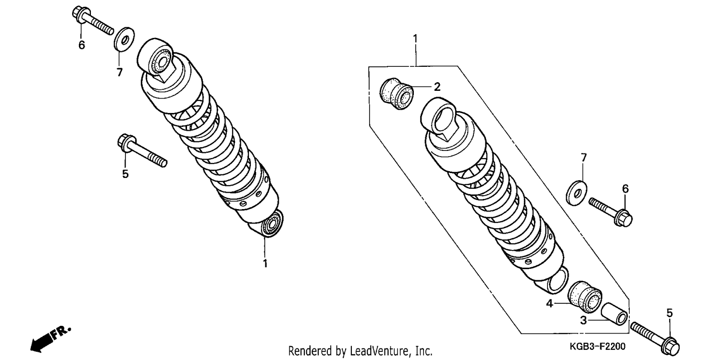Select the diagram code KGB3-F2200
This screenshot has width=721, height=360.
tap(597, 347)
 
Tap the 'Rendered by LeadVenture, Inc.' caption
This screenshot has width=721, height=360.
tap(360, 351)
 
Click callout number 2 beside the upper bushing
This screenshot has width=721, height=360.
tap(437, 87)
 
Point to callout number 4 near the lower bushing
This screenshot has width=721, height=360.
tap(549, 303)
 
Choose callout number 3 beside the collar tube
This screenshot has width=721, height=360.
tap(583, 321)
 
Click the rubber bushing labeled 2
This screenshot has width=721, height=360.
tap(397, 94)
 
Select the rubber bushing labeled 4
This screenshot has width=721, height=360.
tap(584, 297)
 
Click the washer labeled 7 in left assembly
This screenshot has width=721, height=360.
tap(124, 39)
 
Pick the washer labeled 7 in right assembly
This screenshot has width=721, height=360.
tap(576, 193)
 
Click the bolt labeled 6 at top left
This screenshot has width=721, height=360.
tap(93, 20)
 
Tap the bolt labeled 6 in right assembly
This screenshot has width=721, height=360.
tap(610, 212)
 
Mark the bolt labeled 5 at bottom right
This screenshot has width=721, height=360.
tap(655, 339)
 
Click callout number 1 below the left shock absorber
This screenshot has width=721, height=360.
tap(265, 263)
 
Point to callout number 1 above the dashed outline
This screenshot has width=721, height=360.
tap(415, 38)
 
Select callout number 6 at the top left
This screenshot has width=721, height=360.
tap(81, 45)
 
